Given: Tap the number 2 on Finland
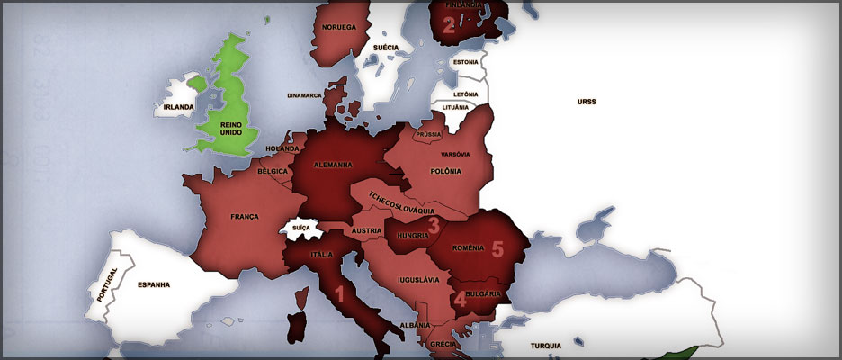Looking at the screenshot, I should click(x=449, y=25).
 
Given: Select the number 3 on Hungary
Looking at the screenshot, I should click(x=433, y=226).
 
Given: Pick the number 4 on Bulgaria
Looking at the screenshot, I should click(x=460, y=299).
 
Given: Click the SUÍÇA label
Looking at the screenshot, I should click(x=301, y=229).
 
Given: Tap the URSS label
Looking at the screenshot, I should click(x=587, y=102).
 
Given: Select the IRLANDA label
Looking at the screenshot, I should click(x=179, y=107).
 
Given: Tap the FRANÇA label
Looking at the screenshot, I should click(x=244, y=217).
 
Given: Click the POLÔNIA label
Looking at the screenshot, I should click(x=445, y=171).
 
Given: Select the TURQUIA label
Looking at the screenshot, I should click(x=545, y=346).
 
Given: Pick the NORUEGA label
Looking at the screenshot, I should click(x=338, y=28).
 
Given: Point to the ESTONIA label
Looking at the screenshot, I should click(x=465, y=62).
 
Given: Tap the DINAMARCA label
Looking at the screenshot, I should click(x=304, y=94).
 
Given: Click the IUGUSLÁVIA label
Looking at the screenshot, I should click(x=418, y=279).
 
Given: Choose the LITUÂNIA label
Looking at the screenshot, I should click(x=456, y=107).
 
